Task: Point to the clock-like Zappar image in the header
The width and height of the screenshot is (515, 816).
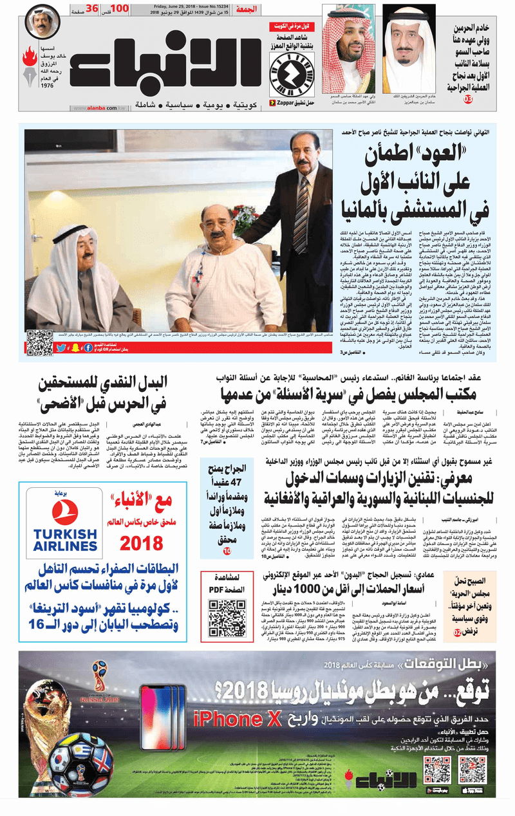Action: [286, 73]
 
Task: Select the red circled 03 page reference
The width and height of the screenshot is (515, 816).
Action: [468, 98]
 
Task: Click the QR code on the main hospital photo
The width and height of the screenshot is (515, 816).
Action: [39, 343]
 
